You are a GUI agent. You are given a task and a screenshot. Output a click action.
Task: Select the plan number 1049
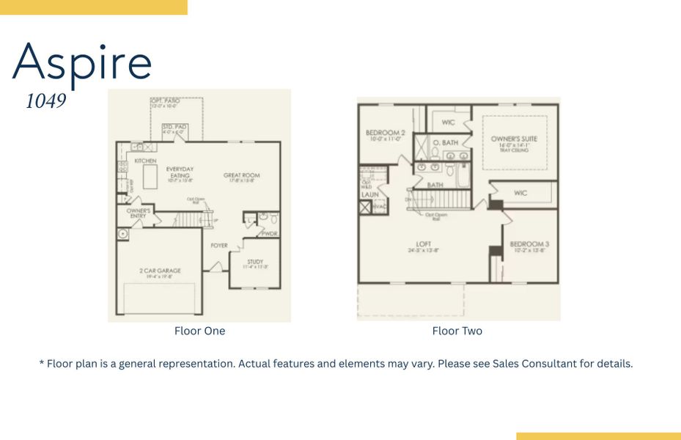pyautogui.click(x=46, y=101)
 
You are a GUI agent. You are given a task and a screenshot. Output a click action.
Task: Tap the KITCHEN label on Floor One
pyautogui.click(x=145, y=161)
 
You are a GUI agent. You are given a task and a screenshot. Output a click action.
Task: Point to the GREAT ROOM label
pyautogui.click(x=241, y=175)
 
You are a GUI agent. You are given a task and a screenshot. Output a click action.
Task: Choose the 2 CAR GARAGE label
pyautogui.click(x=160, y=271)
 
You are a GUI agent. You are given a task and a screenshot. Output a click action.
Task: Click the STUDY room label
pyautogui.click(x=254, y=261)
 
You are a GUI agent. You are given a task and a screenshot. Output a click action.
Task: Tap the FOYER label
pyautogui.click(x=219, y=246)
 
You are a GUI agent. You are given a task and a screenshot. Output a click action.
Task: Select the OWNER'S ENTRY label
pyautogui.click(x=139, y=213)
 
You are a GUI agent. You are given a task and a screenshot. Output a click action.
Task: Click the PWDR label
pyautogui.click(x=270, y=233)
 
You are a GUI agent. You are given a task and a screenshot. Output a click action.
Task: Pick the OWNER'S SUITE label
pyautogui.click(x=514, y=139)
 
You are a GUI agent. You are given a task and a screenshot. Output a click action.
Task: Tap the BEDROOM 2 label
pyautogui.click(x=385, y=133)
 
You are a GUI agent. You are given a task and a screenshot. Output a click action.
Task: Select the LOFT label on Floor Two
pyautogui.click(x=424, y=244)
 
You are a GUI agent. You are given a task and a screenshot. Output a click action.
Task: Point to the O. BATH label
pyautogui.click(x=445, y=142)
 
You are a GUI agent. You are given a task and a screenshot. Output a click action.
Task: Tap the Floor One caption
pyautogui.click(x=199, y=331)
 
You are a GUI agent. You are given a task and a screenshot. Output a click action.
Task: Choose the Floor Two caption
pyautogui.click(x=457, y=331)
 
